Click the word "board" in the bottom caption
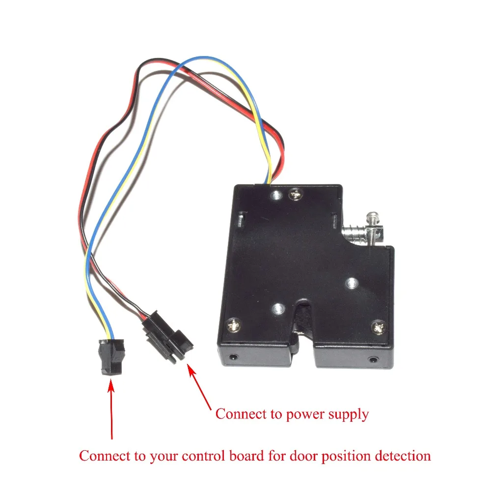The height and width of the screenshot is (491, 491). click(247, 456)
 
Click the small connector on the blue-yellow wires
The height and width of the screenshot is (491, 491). click(111, 356)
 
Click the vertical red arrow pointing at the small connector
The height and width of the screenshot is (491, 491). click(111, 409)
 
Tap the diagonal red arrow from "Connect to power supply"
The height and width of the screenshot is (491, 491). click(199, 387)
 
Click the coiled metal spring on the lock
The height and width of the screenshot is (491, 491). click(354, 233)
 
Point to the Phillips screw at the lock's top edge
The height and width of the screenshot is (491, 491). click(295, 194)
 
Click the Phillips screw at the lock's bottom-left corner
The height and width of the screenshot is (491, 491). click(234, 326)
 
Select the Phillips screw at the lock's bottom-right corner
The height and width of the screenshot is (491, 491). click(379, 327)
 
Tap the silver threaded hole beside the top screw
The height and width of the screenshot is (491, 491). click(276, 196)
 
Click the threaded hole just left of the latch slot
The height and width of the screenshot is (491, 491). click(278, 309)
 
